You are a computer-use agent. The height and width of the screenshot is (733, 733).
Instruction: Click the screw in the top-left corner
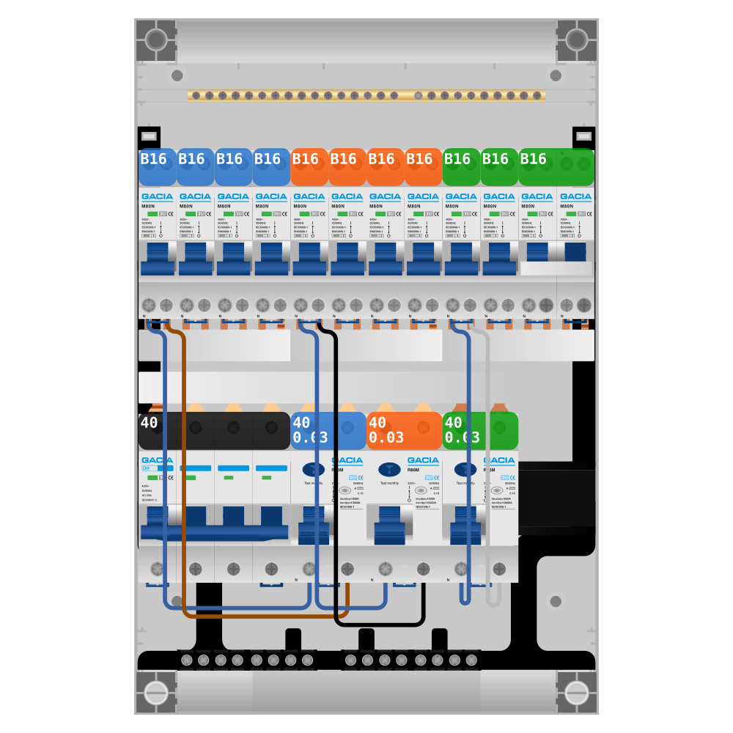pos(156,40)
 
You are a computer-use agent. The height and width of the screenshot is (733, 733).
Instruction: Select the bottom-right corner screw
pos(577,693)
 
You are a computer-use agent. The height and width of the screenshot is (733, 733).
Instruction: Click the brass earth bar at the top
pos(366,95)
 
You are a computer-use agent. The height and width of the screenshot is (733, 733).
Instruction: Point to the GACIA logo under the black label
pos(157,460)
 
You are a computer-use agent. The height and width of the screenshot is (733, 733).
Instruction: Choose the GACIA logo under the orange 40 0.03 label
pos(423,460)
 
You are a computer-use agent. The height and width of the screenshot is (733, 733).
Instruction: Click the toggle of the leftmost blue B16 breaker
pos(157,261)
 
